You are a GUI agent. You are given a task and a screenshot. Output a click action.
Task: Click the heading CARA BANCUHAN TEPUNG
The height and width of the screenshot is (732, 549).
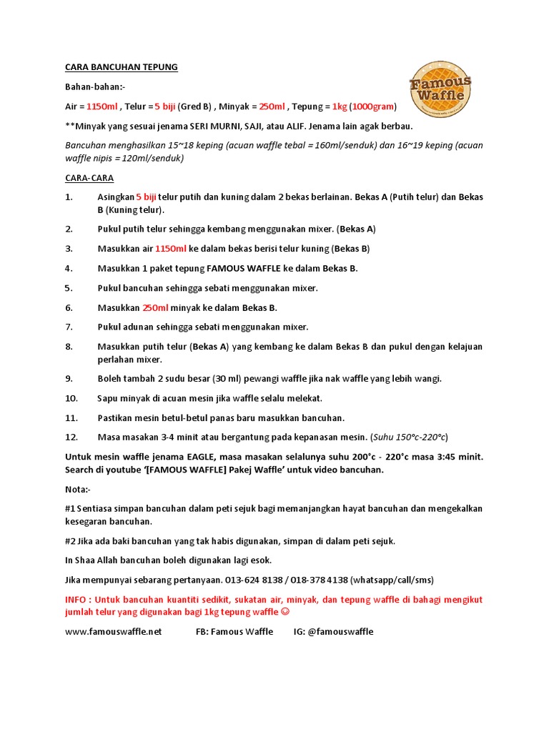(121, 67)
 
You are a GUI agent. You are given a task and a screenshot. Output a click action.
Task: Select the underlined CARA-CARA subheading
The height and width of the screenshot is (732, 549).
(89, 177)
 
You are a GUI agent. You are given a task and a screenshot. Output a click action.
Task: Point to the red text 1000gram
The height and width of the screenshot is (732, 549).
(374, 107)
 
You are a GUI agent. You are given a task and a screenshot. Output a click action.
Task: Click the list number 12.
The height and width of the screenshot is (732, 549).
(71, 437)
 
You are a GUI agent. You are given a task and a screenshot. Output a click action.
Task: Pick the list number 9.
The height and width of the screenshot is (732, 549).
(69, 379)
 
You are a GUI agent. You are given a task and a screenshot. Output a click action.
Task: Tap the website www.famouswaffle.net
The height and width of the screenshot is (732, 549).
(114, 631)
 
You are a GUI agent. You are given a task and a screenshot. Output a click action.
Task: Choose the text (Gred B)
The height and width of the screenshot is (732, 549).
(194, 107)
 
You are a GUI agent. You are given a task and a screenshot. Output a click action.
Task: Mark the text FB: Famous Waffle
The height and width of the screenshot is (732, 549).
(234, 631)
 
